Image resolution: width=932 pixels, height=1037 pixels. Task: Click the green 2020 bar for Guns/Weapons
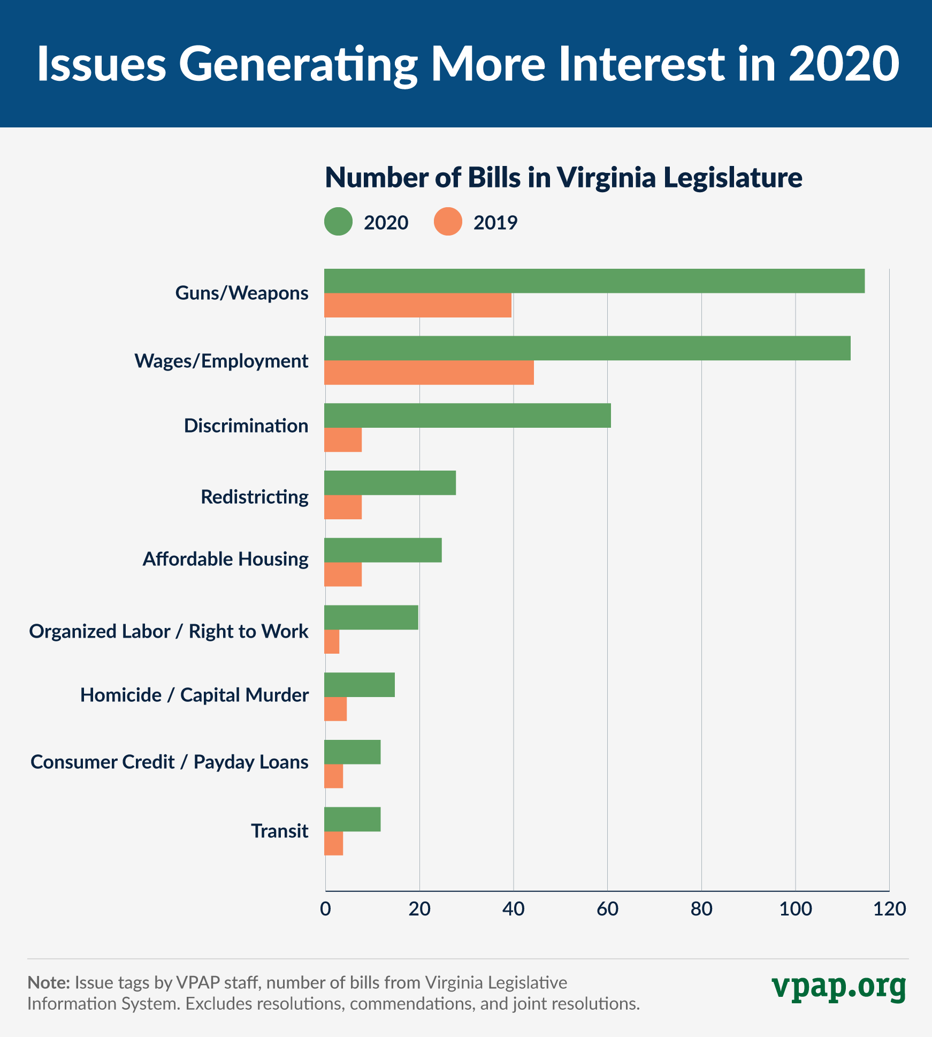pyautogui.click(x=594, y=281)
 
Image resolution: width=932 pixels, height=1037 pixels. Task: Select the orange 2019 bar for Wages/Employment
pyautogui.click(x=429, y=373)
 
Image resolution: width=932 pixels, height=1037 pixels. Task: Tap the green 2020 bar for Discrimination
pyautogui.click(x=467, y=415)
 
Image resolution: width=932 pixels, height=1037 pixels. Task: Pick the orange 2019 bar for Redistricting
pyautogui.click(x=343, y=507)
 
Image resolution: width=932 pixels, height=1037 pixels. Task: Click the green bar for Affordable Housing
pyautogui.click(x=383, y=550)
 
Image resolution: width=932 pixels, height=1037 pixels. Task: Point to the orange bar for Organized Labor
pyautogui.click(x=332, y=641)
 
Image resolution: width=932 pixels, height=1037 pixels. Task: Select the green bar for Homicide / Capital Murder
pyautogui.click(x=359, y=685)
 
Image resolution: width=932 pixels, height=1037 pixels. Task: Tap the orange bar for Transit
pyautogui.click(x=334, y=843)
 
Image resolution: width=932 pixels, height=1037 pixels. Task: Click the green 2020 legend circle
pyautogui.click(x=338, y=222)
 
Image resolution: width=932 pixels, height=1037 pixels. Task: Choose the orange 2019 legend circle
pyautogui.click(x=448, y=222)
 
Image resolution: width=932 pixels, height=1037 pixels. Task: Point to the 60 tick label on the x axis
pyautogui.click(x=607, y=909)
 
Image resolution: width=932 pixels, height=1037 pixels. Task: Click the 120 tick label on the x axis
pyautogui.click(x=889, y=909)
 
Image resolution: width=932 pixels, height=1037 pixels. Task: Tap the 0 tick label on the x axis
pyautogui.click(x=325, y=909)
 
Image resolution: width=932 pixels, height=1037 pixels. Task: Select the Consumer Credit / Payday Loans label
pyautogui.click(x=169, y=762)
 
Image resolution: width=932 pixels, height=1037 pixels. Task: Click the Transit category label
pyautogui.click(x=279, y=831)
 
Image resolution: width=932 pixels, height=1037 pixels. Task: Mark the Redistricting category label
pyautogui.click(x=254, y=497)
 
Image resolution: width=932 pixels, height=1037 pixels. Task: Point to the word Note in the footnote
pyautogui.click(x=49, y=982)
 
